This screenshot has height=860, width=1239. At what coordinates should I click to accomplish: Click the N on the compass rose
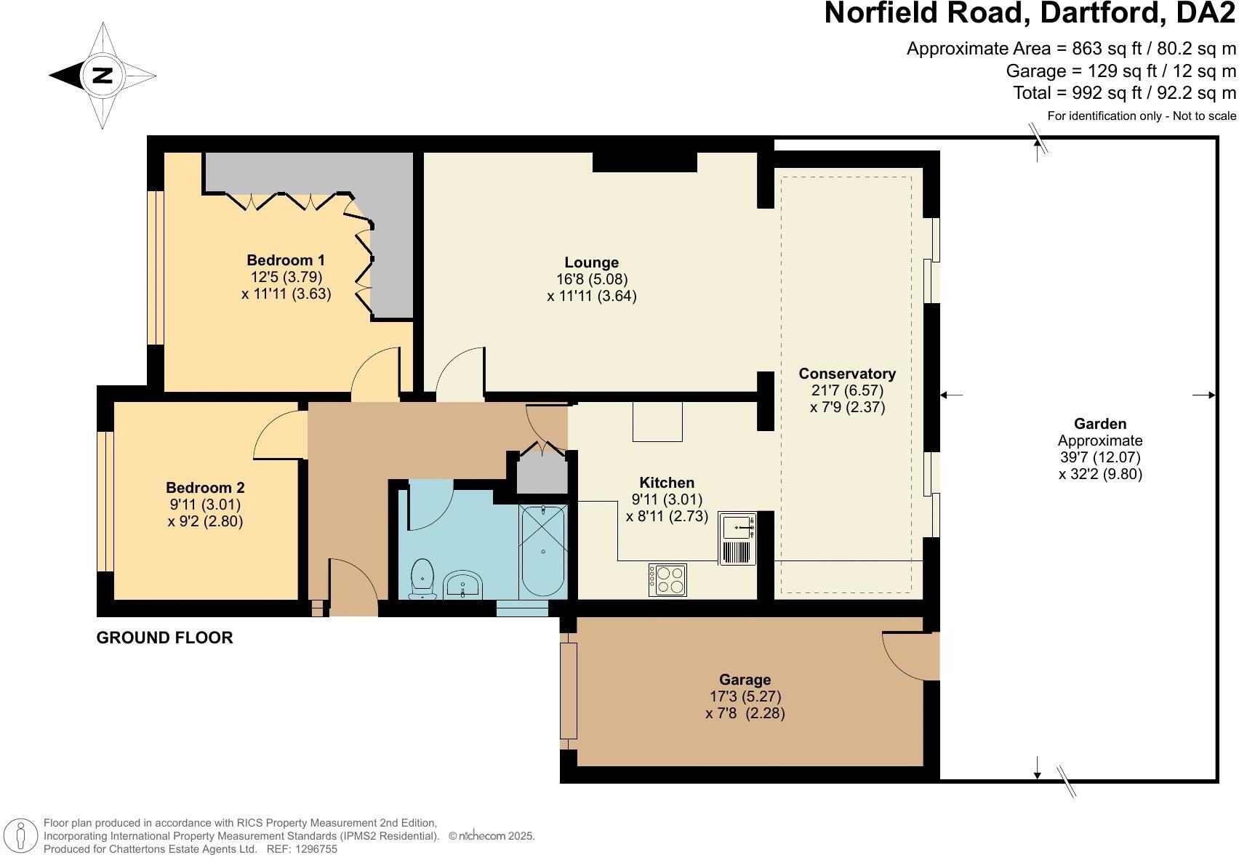point(103,75)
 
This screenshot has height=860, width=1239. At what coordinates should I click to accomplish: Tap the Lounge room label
point(591,262)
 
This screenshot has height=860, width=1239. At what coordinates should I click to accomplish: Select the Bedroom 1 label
point(286,260)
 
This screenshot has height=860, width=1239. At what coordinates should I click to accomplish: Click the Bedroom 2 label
point(205,488)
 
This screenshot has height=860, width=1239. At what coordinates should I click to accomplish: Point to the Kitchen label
point(667,483)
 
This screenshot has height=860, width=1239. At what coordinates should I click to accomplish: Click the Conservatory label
point(847,374)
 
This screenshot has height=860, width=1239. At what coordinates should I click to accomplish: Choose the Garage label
point(745,680)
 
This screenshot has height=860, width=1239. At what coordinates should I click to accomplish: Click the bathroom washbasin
point(463,584)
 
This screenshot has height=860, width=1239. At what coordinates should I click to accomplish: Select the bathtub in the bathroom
point(543,550)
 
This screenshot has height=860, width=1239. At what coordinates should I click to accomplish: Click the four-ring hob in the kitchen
point(667,579)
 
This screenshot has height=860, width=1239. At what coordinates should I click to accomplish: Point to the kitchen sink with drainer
point(738,538)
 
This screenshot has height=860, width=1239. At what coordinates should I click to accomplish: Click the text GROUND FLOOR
point(164,638)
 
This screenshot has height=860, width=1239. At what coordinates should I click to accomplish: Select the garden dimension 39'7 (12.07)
point(1100,457)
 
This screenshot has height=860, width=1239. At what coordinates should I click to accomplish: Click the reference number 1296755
point(313,848)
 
